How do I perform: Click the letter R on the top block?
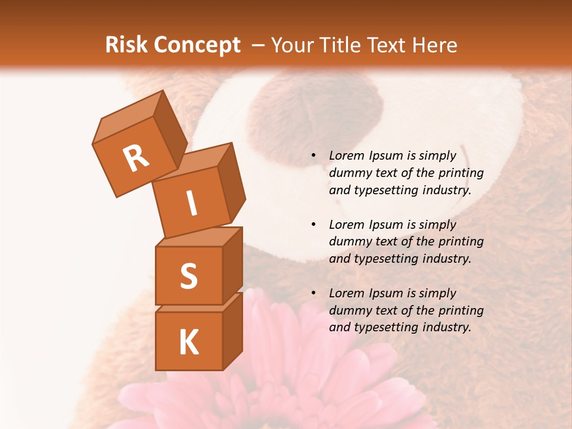click(136, 158)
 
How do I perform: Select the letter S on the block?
click(188, 276)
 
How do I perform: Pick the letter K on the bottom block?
click(188, 343)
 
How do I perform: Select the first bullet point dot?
click(313, 156)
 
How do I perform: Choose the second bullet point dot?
click(313, 225)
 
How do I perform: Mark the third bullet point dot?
click(313, 294)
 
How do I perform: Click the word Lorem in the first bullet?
click(347, 156)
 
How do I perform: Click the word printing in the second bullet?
click(461, 242)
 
